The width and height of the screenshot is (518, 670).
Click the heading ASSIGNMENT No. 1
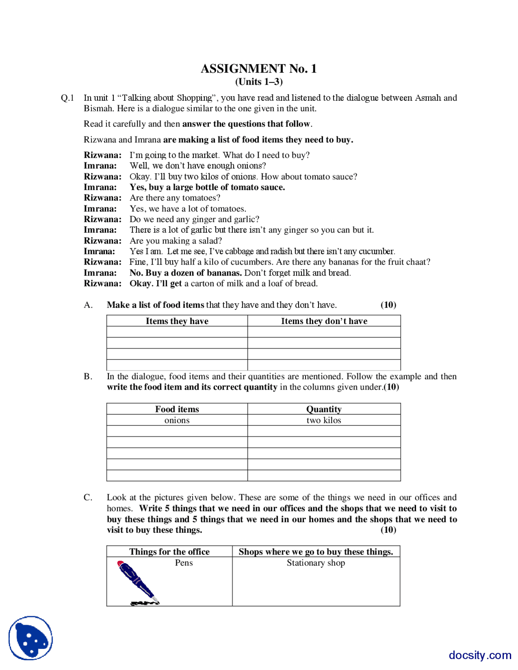[259, 68]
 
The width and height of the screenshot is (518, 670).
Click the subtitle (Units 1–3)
[259, 82]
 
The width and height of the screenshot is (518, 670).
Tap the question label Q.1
[67, 98]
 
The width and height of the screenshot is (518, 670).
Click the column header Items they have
[177, 321]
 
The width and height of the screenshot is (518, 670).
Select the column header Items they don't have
[324, 321]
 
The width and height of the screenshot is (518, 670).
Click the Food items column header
[177, 409]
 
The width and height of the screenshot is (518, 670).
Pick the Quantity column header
[324, 409]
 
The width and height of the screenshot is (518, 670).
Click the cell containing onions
[177, 420]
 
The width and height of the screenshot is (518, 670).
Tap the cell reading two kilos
[324, 420]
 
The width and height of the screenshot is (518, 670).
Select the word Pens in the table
[184, 563]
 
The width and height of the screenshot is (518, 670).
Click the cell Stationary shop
[316, 563]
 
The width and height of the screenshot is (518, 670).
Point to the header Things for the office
[169, 551]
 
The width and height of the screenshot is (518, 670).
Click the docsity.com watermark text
[480, 655]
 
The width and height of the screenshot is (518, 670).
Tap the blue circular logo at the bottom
[31, 638]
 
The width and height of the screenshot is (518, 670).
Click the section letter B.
[88, 376]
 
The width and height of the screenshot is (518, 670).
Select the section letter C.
[88, 497]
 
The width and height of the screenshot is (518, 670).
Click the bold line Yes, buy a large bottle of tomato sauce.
[207, 187]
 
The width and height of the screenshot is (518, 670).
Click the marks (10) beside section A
[388, 305]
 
